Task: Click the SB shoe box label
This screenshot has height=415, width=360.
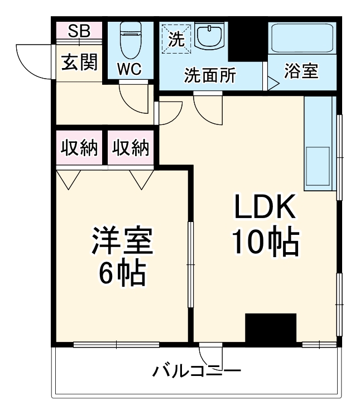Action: click(x=79, y=31)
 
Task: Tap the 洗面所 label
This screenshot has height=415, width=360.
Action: click(x=210, y=76)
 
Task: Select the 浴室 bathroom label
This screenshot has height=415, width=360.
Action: click(x=301, y=71)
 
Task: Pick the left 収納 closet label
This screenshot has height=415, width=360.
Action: click(x=79, y=148)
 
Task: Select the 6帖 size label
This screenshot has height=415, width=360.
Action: click(x=122, y=273)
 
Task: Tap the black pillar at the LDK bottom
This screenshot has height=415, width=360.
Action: click(x=271, y=328)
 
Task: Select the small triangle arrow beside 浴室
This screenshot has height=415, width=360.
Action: click(x=273, y=84)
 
